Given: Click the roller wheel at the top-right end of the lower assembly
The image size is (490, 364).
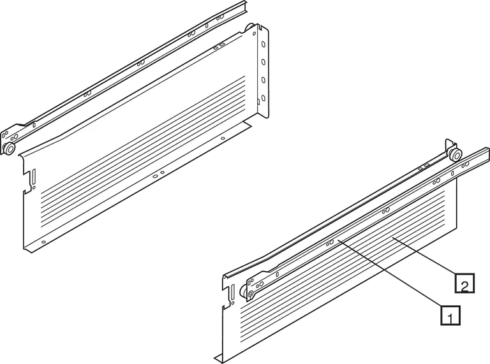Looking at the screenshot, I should (454, 157).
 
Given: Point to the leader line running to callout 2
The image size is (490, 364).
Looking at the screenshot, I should (427, 258).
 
